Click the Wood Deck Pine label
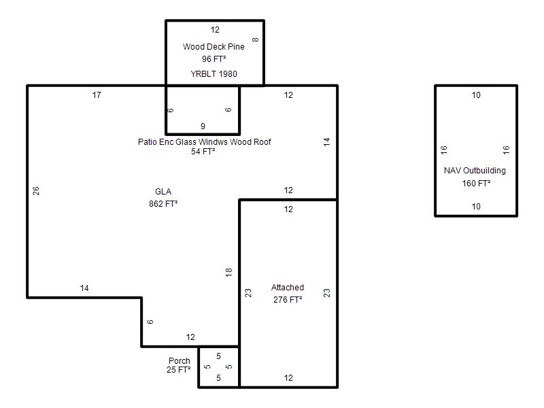(214, 46)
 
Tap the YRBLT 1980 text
(214, 74)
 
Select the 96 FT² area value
(214, 59)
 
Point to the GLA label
(163, 192)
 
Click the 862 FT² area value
(163, 203)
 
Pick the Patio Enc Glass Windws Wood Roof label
(205, 141)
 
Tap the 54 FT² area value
(203, 151)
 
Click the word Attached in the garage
(288, 287)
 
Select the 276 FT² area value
(288, 299)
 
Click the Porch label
(180, 361)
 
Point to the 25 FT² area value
(178, 370)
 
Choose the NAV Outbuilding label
(475, 171)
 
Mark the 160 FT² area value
(476, 183)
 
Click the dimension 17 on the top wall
(97, 95)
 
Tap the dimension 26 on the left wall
(36, 191)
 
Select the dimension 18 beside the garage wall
(228, 273)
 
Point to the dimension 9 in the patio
(203, 126)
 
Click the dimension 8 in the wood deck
(256, 39)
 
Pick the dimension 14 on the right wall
(327, 141)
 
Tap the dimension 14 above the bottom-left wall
(84, 288)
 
